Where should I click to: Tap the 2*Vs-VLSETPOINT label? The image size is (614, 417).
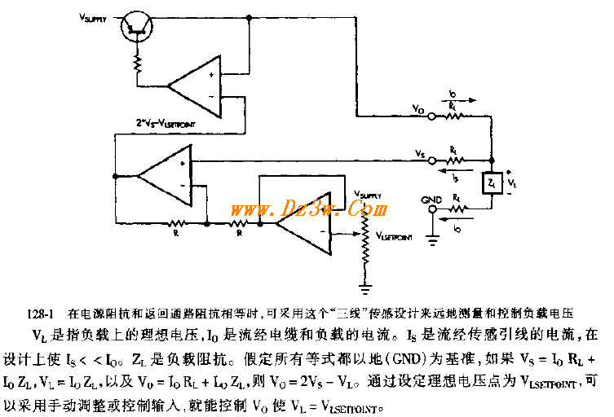click(x=174, y=124)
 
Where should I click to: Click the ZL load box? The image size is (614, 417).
click(x=491, y=183)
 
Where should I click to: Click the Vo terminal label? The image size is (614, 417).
click(x=418, y=108)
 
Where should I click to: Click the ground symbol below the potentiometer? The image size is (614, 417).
click(x=367, y=286)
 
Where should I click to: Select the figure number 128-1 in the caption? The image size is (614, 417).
click(x=38, y=313)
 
